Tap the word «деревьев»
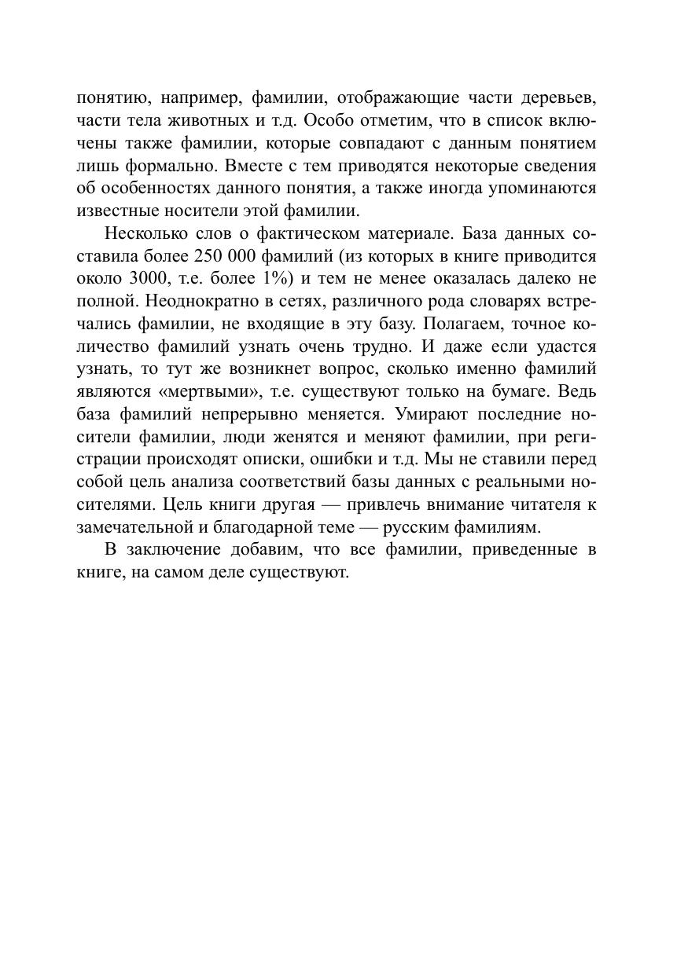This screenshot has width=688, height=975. coord(557,98)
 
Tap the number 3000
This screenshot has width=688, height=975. coord(143,279)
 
